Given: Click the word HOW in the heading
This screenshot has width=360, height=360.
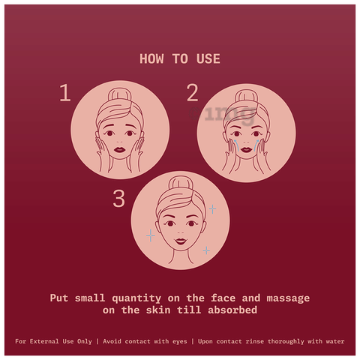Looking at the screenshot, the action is (151, 59).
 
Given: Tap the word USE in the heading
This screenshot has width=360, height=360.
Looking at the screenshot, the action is (208, 59).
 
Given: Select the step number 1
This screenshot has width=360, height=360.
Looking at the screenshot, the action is (65, 93).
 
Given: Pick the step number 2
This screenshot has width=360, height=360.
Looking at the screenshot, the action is (193, 93).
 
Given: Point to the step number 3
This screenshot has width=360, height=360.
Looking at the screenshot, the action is (118, 199).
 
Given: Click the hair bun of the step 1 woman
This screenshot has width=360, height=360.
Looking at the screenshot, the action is (119, 94).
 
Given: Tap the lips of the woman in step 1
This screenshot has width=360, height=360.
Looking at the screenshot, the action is (120, 149).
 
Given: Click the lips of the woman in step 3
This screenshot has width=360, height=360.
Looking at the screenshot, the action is (181, 241).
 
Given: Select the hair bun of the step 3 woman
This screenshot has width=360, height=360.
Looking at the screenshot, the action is (181, 182).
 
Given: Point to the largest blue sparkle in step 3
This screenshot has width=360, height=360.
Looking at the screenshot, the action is (151, 235).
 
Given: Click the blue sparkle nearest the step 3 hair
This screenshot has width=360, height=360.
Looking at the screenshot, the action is (212, 209).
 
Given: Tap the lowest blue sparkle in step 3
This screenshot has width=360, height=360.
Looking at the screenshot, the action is (206, 250).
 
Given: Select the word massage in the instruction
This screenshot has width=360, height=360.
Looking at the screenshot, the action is (288, 298).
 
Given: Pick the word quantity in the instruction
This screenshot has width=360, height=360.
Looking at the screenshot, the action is (136, 298).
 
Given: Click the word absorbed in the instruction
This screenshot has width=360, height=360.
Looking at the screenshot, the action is (232, 310).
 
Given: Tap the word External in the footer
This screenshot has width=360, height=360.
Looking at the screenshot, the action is (44, 341).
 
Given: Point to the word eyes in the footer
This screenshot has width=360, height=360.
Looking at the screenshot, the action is (180, 342).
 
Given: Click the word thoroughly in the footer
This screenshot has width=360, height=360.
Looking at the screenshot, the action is (286, 341).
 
